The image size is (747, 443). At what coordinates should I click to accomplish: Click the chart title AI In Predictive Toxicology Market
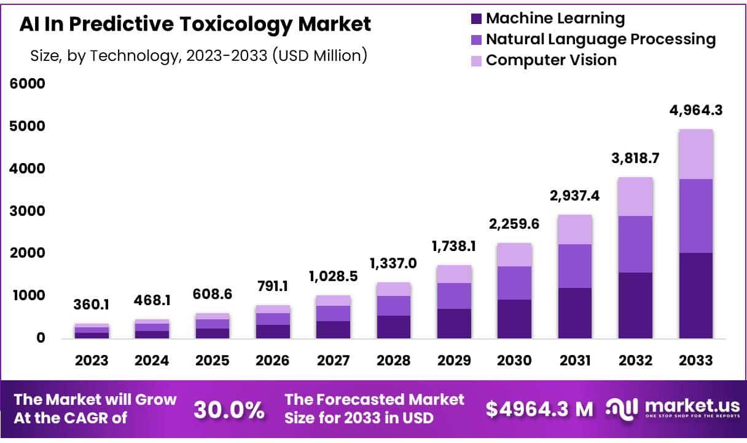(x=195, y=25)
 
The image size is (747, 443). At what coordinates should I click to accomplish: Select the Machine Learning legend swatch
(x=476, y=18)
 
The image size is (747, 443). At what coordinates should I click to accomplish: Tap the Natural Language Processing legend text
(x=600, y=39)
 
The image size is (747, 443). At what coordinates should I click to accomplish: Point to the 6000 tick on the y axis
(x=27, y=83)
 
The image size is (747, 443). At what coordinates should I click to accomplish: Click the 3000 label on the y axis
(x=27, y=210)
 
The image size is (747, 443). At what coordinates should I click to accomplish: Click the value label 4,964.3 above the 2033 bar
(x=695, y=111)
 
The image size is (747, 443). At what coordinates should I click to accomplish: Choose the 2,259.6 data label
(x=514, y=224)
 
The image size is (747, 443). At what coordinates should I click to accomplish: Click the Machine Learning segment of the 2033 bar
(x=695, y=295)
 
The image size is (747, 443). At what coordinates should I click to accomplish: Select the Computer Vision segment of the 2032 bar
(x=635, y=196)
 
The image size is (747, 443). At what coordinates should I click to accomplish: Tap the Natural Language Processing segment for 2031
(x=574, y=266)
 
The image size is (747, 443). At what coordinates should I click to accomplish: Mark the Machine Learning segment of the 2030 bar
(x=514, y=319)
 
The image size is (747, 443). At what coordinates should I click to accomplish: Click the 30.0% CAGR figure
(x=229, y=409)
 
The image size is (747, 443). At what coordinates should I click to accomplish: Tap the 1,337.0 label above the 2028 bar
(x=393, y=264)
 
